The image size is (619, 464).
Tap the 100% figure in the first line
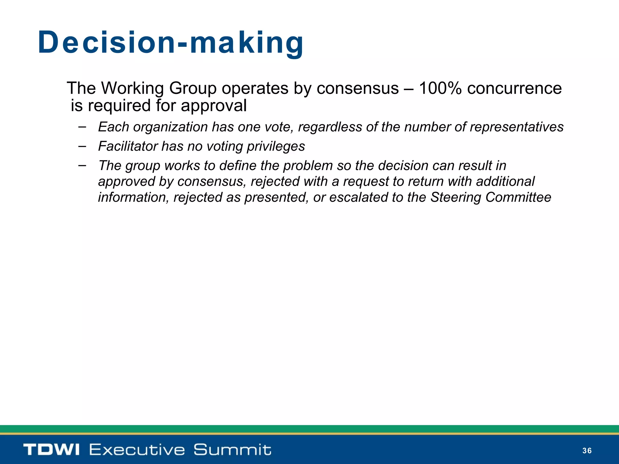pyautogui.click(x=440, y=89)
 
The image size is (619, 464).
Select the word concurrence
pyautogui.click(x=514, y=89)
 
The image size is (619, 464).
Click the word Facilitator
pyautogui.click(x=128, y=146)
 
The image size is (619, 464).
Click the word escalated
pyautogui.click(x=358, y=197)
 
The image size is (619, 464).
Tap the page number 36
pyautogui.click(x=587, y=451)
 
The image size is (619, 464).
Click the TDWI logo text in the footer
pyautogui.click(x=51, y=449)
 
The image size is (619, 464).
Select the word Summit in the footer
pyautogui.click(x=232, y=449)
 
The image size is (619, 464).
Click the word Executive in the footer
pyautogui.click(x=137, y=449)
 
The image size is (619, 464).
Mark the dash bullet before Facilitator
pyautogui.click(x=82, y=146)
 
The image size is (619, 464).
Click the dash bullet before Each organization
pyautogui.click(x=82, y=127)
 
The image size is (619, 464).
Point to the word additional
pyautogui.click(x=505, y=182)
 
